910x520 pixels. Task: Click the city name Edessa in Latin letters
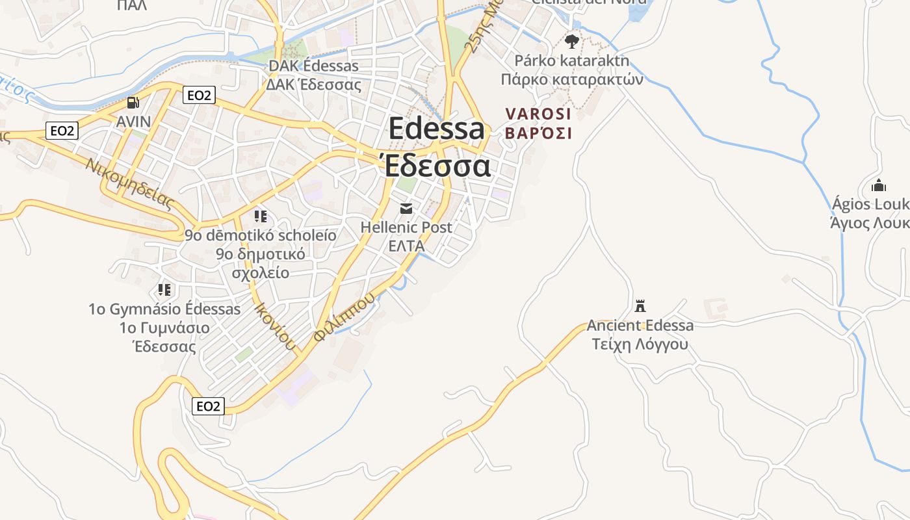[437, 129]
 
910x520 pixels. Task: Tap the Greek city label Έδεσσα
[437, 166]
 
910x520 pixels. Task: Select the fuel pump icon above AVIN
[133, 103]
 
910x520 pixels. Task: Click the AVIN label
[133, 122]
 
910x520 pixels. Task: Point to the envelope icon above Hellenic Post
[406, 208]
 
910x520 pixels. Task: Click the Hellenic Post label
[406, 227]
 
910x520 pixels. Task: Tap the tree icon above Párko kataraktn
[571, 42]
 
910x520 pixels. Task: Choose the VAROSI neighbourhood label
[538, 114]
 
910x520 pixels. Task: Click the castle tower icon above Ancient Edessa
[640, 305]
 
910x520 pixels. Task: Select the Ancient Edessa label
[640, 325]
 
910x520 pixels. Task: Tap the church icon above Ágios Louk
[878, 185]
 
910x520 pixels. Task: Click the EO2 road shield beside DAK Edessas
[198, 96]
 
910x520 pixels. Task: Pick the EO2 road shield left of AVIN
[62, 131]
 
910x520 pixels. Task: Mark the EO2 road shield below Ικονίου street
[209, 406]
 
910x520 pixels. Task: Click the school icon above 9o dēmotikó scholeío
[261, 216]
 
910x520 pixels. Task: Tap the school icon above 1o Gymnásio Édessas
[164, 289]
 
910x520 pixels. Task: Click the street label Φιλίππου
[344, 317]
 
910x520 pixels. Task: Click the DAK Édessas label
[313, 66]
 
